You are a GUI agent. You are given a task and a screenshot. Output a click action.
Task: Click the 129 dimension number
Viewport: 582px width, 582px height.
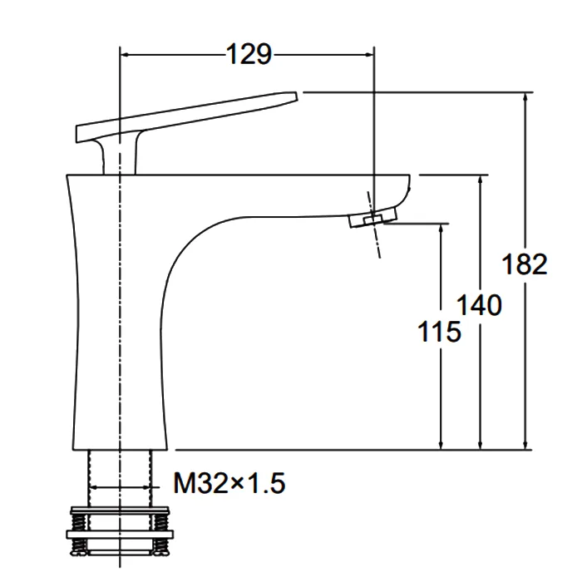pos(249,54)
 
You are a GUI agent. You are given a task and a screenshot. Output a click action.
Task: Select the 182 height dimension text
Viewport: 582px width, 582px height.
pos(524,264)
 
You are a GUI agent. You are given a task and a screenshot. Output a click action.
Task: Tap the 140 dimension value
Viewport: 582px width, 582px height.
pos(479,305)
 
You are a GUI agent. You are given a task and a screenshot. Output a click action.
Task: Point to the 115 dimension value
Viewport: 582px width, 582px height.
pos(439,331)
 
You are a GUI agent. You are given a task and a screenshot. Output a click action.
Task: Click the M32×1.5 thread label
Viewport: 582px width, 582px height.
pos(229,483)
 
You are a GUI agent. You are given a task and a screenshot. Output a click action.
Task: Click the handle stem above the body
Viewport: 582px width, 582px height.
pos(120,156)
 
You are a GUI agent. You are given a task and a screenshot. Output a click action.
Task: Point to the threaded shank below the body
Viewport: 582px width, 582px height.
pos(120,479)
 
